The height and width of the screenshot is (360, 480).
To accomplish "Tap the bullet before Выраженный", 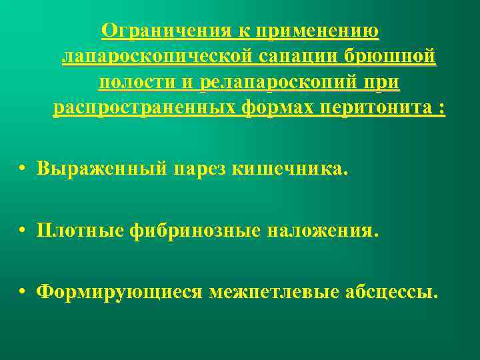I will coord(23,170).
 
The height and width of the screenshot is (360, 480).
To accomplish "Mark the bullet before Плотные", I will coord(23,231).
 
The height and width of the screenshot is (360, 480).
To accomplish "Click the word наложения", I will coord(323,231).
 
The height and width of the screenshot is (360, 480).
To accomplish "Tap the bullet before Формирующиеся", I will coord(23,293).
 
